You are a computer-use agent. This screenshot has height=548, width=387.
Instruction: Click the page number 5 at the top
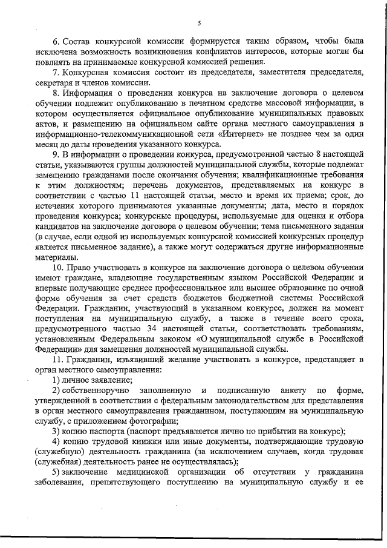pos(199,23)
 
